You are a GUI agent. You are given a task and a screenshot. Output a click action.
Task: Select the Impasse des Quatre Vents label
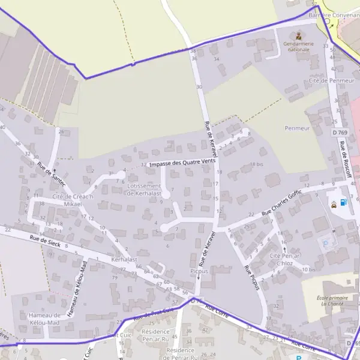[x=182, y=162]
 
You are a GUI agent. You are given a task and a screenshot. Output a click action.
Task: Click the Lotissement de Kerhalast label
[x=144, y=190]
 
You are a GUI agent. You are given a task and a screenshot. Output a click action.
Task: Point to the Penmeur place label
[x=297, y=128]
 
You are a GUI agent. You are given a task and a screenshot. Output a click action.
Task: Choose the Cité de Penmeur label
[x=331, y=80]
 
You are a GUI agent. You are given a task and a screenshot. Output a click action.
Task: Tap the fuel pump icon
[x=343, y=202]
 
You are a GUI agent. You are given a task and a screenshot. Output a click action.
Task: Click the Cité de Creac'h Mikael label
[x=68, y=200]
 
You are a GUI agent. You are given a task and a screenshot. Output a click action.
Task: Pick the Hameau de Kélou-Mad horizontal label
[x=45, y=319]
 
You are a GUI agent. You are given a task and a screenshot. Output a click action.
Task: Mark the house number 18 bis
[x=256, y=164]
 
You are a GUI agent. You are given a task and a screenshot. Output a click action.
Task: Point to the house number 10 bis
[x=309, y=269]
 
